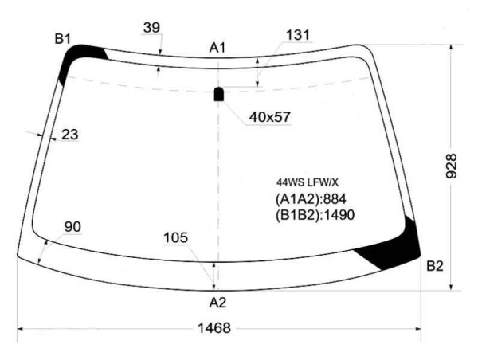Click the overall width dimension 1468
214,328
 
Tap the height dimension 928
451,166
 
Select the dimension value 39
151,28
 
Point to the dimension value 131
298,35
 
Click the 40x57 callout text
270,117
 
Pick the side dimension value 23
70,135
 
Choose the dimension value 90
72,227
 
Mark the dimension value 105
175,238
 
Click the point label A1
217,48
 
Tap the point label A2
217,303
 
